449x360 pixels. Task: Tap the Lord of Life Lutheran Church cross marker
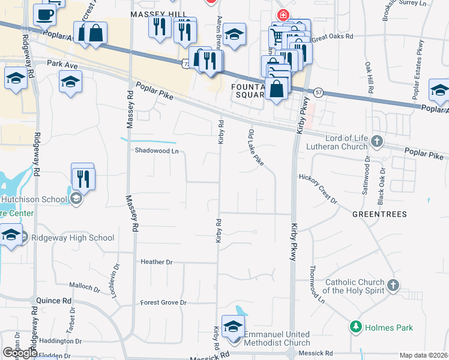376,141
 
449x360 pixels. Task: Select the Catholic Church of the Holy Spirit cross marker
393,284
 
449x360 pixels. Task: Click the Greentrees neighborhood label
379,214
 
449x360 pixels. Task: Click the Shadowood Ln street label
157,151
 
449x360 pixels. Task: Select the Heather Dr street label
157,262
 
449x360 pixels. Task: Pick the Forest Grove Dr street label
163,302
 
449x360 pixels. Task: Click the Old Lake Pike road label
255,146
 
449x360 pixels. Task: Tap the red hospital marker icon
281,14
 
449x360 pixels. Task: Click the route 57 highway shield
318,92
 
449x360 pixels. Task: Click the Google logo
20,353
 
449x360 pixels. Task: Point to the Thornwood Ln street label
317,284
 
